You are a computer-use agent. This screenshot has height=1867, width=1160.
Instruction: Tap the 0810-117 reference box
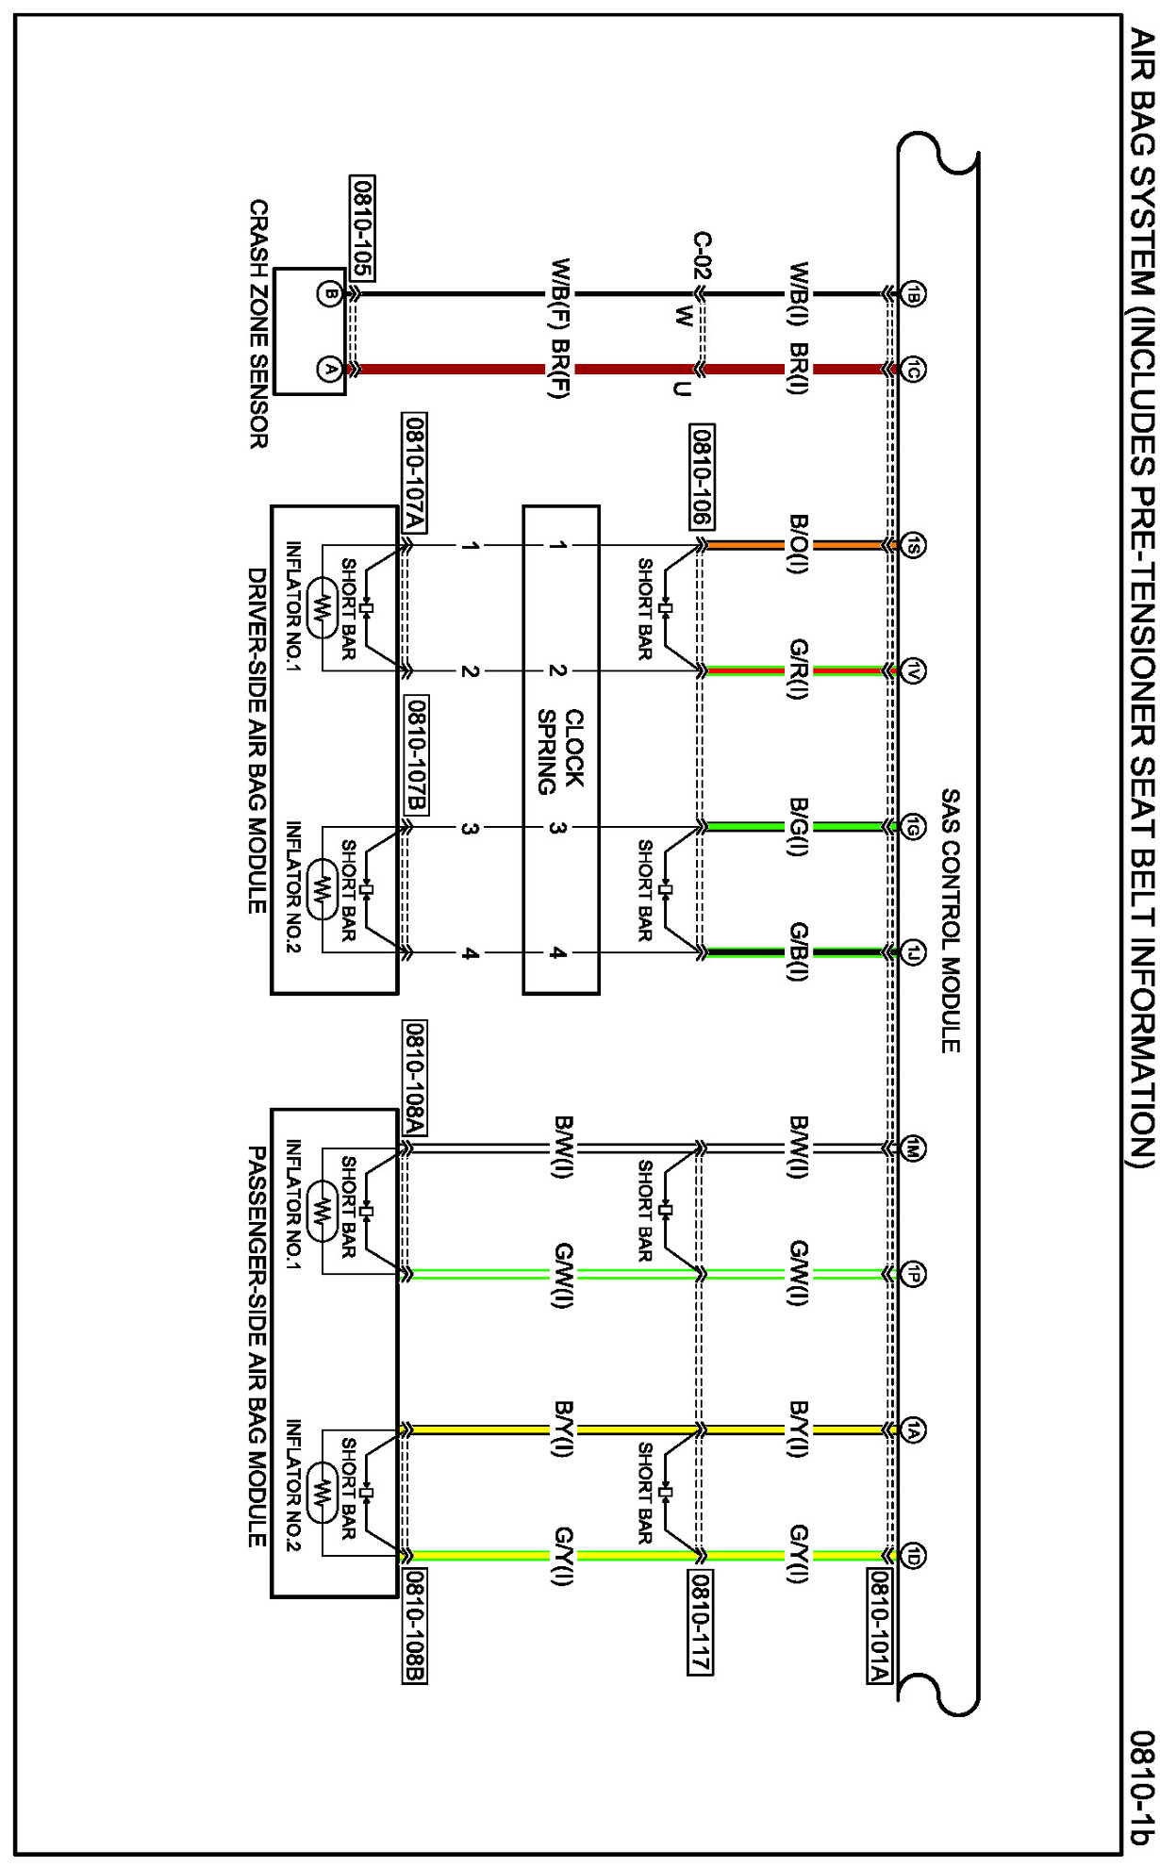click(x=699, y=1622)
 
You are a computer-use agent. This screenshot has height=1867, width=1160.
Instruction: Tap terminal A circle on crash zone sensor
click(x=329, y=369)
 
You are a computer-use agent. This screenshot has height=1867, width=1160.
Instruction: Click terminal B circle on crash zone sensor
click(x=329, y=294)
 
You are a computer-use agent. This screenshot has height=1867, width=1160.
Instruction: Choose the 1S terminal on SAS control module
click(x=912, y=545)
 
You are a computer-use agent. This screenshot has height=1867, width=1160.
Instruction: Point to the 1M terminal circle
click(x=912, y=1148)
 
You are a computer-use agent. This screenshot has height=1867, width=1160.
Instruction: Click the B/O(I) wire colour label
click(x=798, y=545)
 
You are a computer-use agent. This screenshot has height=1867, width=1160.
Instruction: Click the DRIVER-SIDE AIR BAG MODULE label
click(x=257, y=740)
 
